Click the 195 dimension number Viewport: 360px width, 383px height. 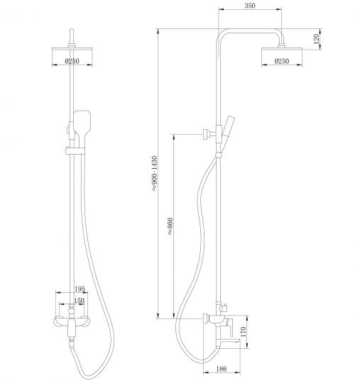[x=80, y=289]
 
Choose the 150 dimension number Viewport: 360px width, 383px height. [x=80, y=300]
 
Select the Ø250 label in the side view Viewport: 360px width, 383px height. [x=283, y=62]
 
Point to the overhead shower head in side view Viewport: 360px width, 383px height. [x=284, y=49]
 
